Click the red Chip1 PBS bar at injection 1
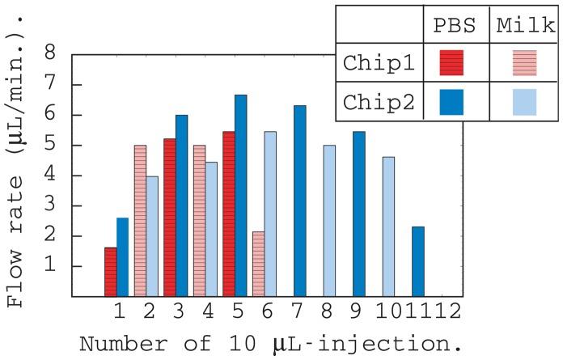(111, 272)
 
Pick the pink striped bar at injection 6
(259, 264)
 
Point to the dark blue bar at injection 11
(417, 261)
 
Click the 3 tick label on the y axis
(50, 206)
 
